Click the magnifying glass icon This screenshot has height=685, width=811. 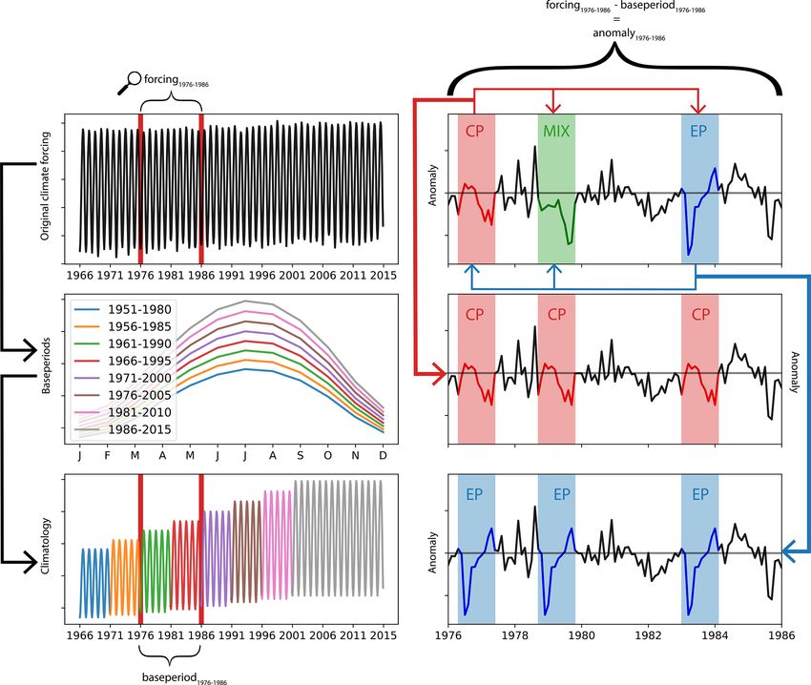pyautogui.click(x=128, y=84)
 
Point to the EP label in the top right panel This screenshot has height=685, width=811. pyautogui.click(x=699, y=132)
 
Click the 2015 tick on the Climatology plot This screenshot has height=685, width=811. pyautogui.click(x=383, y=635)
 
